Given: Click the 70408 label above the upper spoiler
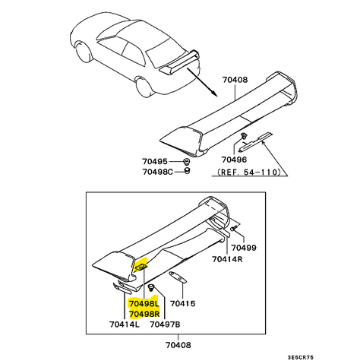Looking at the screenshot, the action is tap(235, 80).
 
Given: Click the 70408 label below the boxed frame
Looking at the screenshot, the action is tap(178, 345).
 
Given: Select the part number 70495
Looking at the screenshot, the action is tap(155, 161).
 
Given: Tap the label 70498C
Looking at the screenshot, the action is tap(157, 172).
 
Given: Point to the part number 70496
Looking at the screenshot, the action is tap(234, 160).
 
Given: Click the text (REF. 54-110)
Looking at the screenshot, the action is tap(249, 172).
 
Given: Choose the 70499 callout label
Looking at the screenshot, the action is tap(244, 248).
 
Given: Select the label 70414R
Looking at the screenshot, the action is tap(227, 259).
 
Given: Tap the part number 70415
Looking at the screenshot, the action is tap(182, 303).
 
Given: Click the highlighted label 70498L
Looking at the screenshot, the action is tap(144, 303).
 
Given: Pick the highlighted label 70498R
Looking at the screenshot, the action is tap(144, 314).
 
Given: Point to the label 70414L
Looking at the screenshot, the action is tap(125, 324).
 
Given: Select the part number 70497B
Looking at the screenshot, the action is tap(165, 324).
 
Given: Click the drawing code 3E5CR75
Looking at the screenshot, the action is tap(301, 357).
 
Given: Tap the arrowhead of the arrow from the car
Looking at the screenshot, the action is tap(215, 93).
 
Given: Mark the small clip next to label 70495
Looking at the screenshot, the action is tap(187, 161).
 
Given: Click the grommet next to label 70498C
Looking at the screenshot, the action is tap(187, 170).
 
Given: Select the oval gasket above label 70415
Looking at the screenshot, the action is tap(178, 277).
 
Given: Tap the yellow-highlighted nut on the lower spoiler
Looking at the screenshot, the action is tap(141, 267).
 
